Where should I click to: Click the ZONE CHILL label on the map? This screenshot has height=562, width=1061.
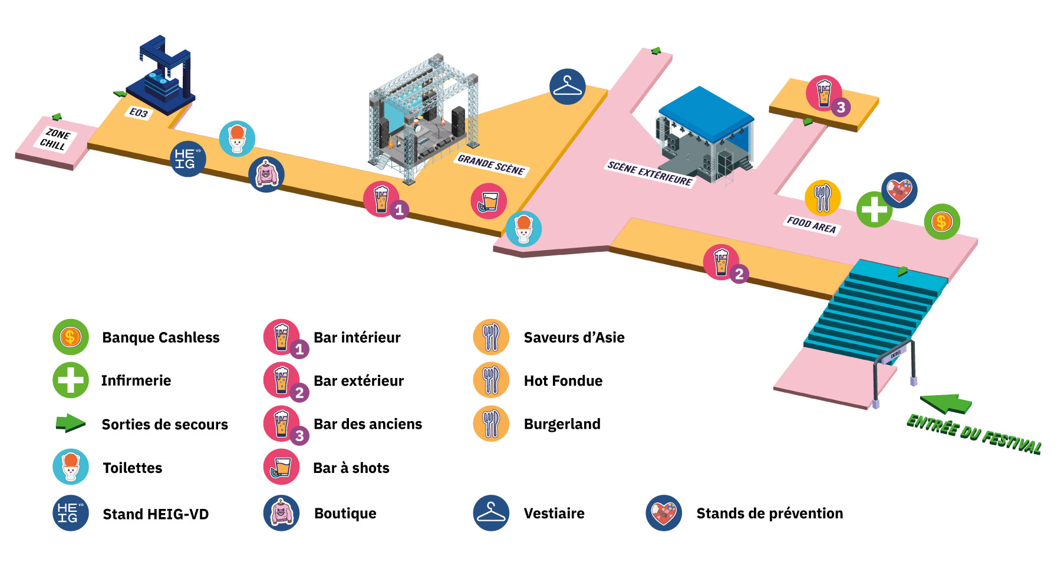pos(55,140)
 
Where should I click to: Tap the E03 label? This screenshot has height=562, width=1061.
pos(139,113)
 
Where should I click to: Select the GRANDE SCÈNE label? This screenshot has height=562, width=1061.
pos(491,165)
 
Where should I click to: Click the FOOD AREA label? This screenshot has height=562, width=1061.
pos(811,225)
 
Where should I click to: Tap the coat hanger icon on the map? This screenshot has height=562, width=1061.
pos(567,87)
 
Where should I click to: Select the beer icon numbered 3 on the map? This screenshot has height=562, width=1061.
pos(824,93)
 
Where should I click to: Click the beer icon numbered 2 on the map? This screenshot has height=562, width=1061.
pos(721,262)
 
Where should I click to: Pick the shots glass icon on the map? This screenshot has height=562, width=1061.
pos(489,201)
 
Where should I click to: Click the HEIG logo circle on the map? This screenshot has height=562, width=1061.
pos(188,159)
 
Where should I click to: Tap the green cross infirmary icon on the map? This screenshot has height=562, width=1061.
pos(874,209)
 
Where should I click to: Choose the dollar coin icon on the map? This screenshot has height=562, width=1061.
pos(942,222)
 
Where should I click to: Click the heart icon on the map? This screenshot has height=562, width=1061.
pos(899,190)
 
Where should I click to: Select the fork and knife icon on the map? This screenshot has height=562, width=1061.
pos(822,198)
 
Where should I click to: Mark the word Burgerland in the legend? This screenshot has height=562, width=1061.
pos(562,424)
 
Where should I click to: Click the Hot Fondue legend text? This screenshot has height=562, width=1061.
pos(563,381)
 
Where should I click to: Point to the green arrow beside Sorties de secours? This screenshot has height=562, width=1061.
pos(70,423)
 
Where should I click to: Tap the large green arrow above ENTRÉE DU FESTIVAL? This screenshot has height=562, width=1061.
pos(945,403)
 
